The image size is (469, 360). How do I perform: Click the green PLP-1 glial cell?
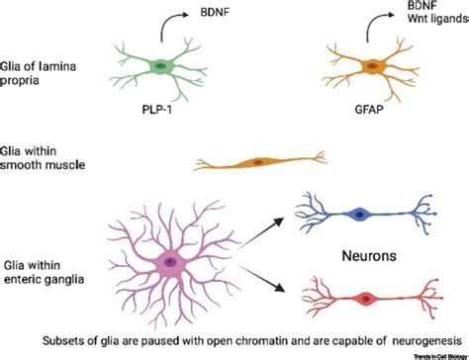(160, 66)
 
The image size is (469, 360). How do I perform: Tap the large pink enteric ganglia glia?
(171, 261)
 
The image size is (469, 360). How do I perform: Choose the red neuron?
(367, 296)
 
